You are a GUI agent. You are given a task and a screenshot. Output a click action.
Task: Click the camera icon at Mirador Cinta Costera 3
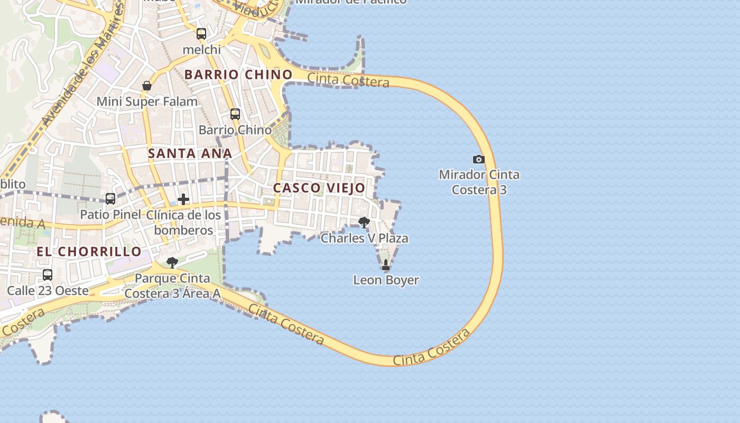tap(478, 159)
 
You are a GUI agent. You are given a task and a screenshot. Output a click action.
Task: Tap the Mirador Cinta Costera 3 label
tap(479, 181)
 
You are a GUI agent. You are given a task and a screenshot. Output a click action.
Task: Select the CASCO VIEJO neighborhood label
tap(319, 188)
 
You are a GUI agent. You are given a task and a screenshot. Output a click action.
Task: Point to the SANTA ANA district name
tap(190, 153)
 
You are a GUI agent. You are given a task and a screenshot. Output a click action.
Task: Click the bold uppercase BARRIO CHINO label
tap(238, 75)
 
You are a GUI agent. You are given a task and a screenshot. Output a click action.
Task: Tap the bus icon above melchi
tap(201, 34)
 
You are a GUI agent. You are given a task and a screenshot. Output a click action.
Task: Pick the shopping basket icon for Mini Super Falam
tap(147, 86)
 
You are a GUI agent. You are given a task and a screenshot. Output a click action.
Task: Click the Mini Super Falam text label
tap(147, 102)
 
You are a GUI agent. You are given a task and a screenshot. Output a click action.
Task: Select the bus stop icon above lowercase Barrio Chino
tap(235, 114)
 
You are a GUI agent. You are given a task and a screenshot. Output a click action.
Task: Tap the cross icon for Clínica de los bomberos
tap(183, 199)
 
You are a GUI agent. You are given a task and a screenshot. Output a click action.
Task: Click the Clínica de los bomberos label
tap(183, 222)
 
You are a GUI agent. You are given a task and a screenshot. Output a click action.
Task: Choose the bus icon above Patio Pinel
tap(110, 199)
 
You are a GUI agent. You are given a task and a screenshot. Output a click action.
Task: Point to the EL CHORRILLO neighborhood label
tap(89, 251)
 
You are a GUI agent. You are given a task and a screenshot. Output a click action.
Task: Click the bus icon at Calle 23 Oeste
tap(48, 275)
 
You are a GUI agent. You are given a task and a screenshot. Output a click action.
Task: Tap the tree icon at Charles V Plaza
tap(364, 223)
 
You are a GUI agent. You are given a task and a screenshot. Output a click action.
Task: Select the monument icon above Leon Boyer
tap(386, 265)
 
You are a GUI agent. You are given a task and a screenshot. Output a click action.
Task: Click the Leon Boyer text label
tap(386, 280)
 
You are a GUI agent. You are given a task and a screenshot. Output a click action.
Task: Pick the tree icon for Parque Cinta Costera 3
tap(172, 263)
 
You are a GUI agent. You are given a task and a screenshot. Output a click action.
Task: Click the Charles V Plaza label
tap(365, 238)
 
